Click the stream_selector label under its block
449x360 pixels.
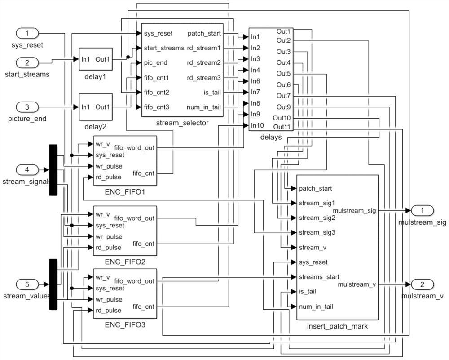(182, 123)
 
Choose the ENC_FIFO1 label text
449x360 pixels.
(125, 192)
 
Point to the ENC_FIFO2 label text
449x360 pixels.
(125, 262)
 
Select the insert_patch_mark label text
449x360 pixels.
(338, 326)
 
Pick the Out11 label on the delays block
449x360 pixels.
(282, 126)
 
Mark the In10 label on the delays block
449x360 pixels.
(257, 125)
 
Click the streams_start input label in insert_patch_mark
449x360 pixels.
(319, 276)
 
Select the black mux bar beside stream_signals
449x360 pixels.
(53, 170)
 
